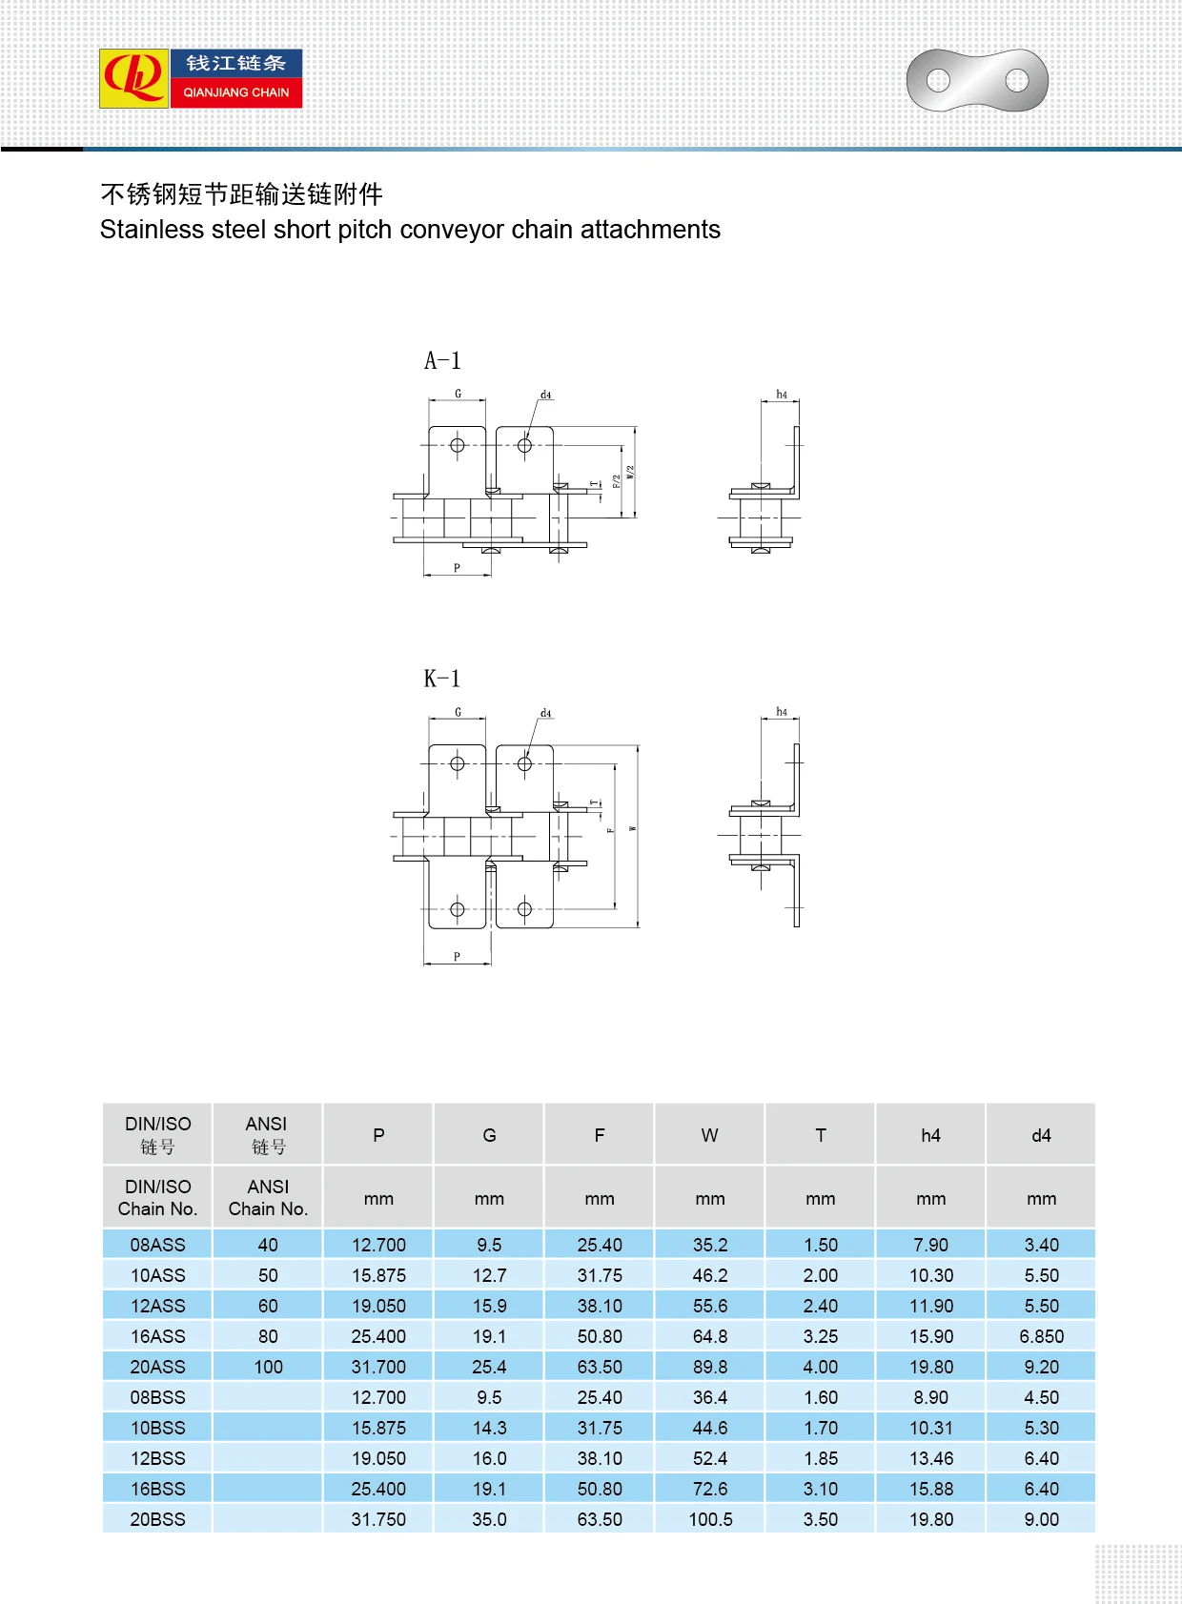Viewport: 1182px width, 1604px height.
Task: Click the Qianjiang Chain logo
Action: click(x=201, y=78)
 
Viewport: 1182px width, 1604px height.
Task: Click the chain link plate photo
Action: click(x=977, y=80)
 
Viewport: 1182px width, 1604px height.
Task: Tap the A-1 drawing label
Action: click(x=442, y=361)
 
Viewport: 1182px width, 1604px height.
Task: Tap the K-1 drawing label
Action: click(x=442, y=679)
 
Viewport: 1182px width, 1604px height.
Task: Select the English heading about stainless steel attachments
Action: click(x=410, y=230)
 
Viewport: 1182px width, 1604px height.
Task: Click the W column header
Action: click(x=709, y=1135)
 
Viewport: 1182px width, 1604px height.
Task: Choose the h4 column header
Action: click(x=930, y=1135)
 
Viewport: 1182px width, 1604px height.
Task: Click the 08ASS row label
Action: click(x=158, y=1245)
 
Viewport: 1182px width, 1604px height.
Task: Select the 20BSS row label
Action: click(x=158, y=1519)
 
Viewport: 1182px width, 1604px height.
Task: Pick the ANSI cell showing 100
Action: click(x=268, y=1367)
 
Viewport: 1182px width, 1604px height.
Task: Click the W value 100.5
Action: click(x=710, y=1519)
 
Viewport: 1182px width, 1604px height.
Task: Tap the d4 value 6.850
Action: click(x=1041, y=1336)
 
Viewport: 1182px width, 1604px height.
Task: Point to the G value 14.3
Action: click(x=489, y=1428)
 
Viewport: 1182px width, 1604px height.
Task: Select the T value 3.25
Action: click(x=820, y=1336)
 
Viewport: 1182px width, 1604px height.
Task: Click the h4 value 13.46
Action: click(x=930, y=1458)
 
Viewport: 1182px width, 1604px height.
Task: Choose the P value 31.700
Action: click(x=378, y=1367)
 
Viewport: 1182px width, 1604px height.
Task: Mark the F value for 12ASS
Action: click(x=600, y=1306)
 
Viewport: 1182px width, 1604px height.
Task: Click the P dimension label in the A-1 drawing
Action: click(x=457, y=568)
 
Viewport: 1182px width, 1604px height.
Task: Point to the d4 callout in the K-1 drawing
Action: click(x=546, y=713)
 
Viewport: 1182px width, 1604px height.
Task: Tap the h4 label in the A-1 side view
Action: click(x=782, y=395)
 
